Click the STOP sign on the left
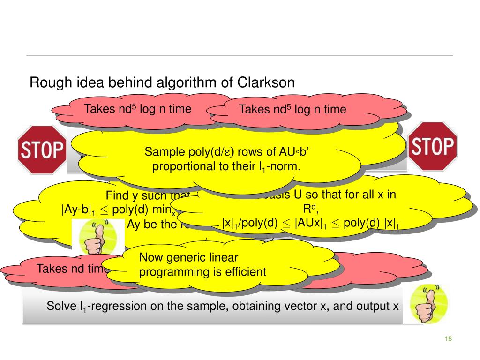41,149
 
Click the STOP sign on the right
433,146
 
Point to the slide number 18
448,339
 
